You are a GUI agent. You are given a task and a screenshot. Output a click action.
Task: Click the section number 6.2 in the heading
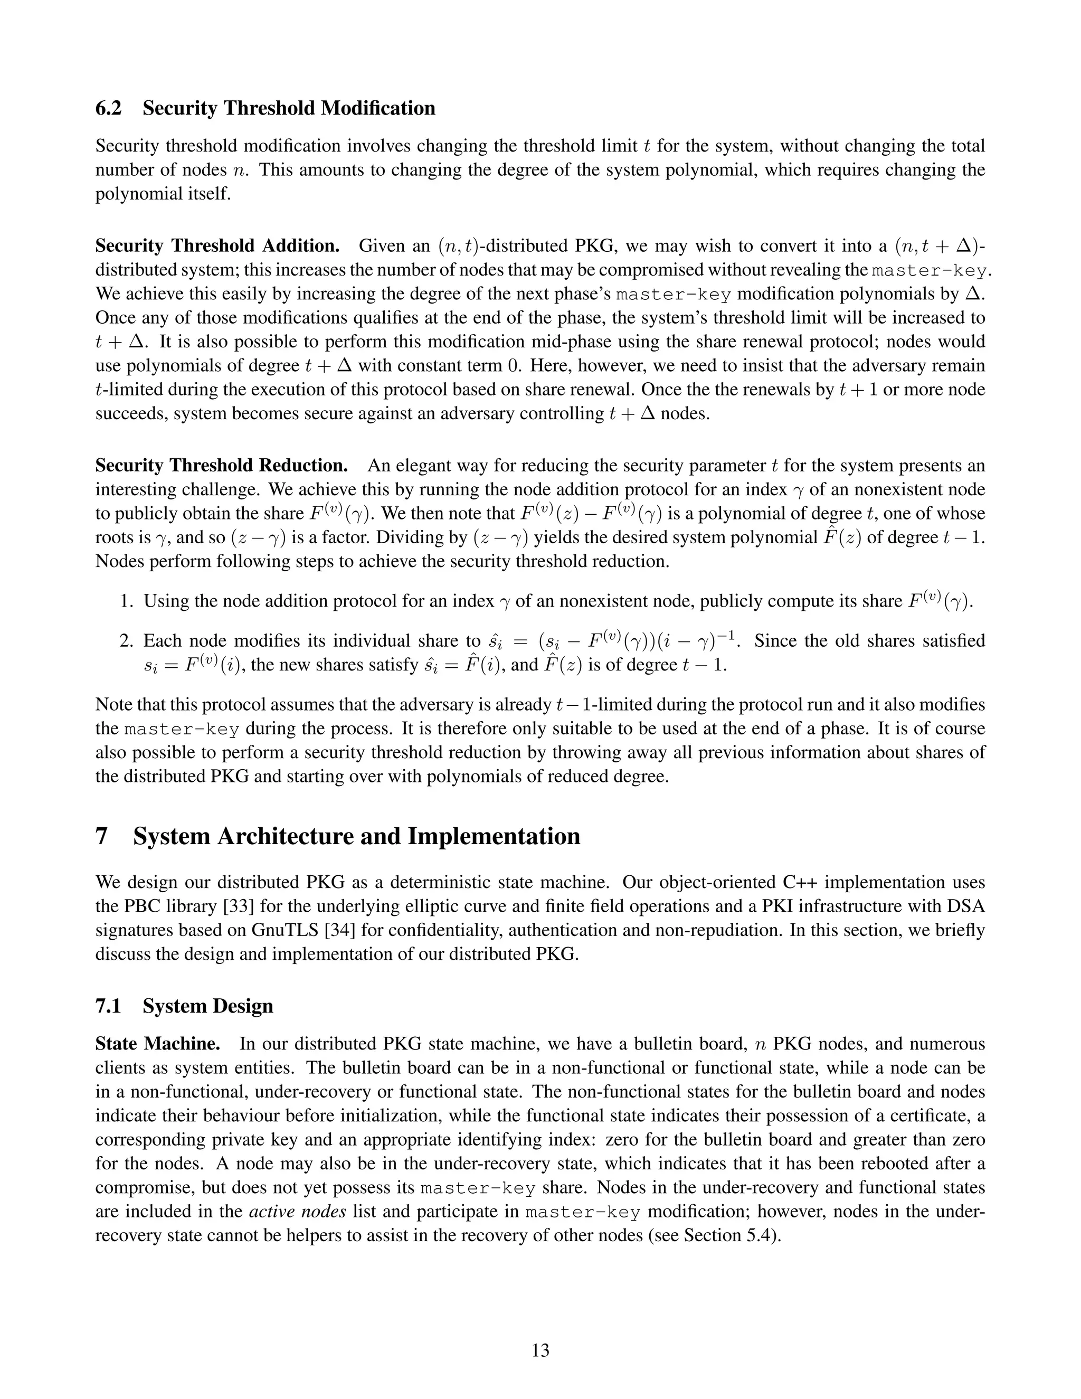coord(108,108)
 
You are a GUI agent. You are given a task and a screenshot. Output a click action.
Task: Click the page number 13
coord(540,1350)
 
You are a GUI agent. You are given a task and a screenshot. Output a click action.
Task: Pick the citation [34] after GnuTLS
coord(347,930)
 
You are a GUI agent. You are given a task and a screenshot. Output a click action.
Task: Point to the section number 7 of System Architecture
coord(101,837)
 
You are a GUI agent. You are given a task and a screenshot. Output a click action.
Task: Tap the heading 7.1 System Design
coord(184,1006)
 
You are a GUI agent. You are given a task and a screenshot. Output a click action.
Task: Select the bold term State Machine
coord(157,1044)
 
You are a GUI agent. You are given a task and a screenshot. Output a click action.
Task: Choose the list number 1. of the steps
coord(126,601)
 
